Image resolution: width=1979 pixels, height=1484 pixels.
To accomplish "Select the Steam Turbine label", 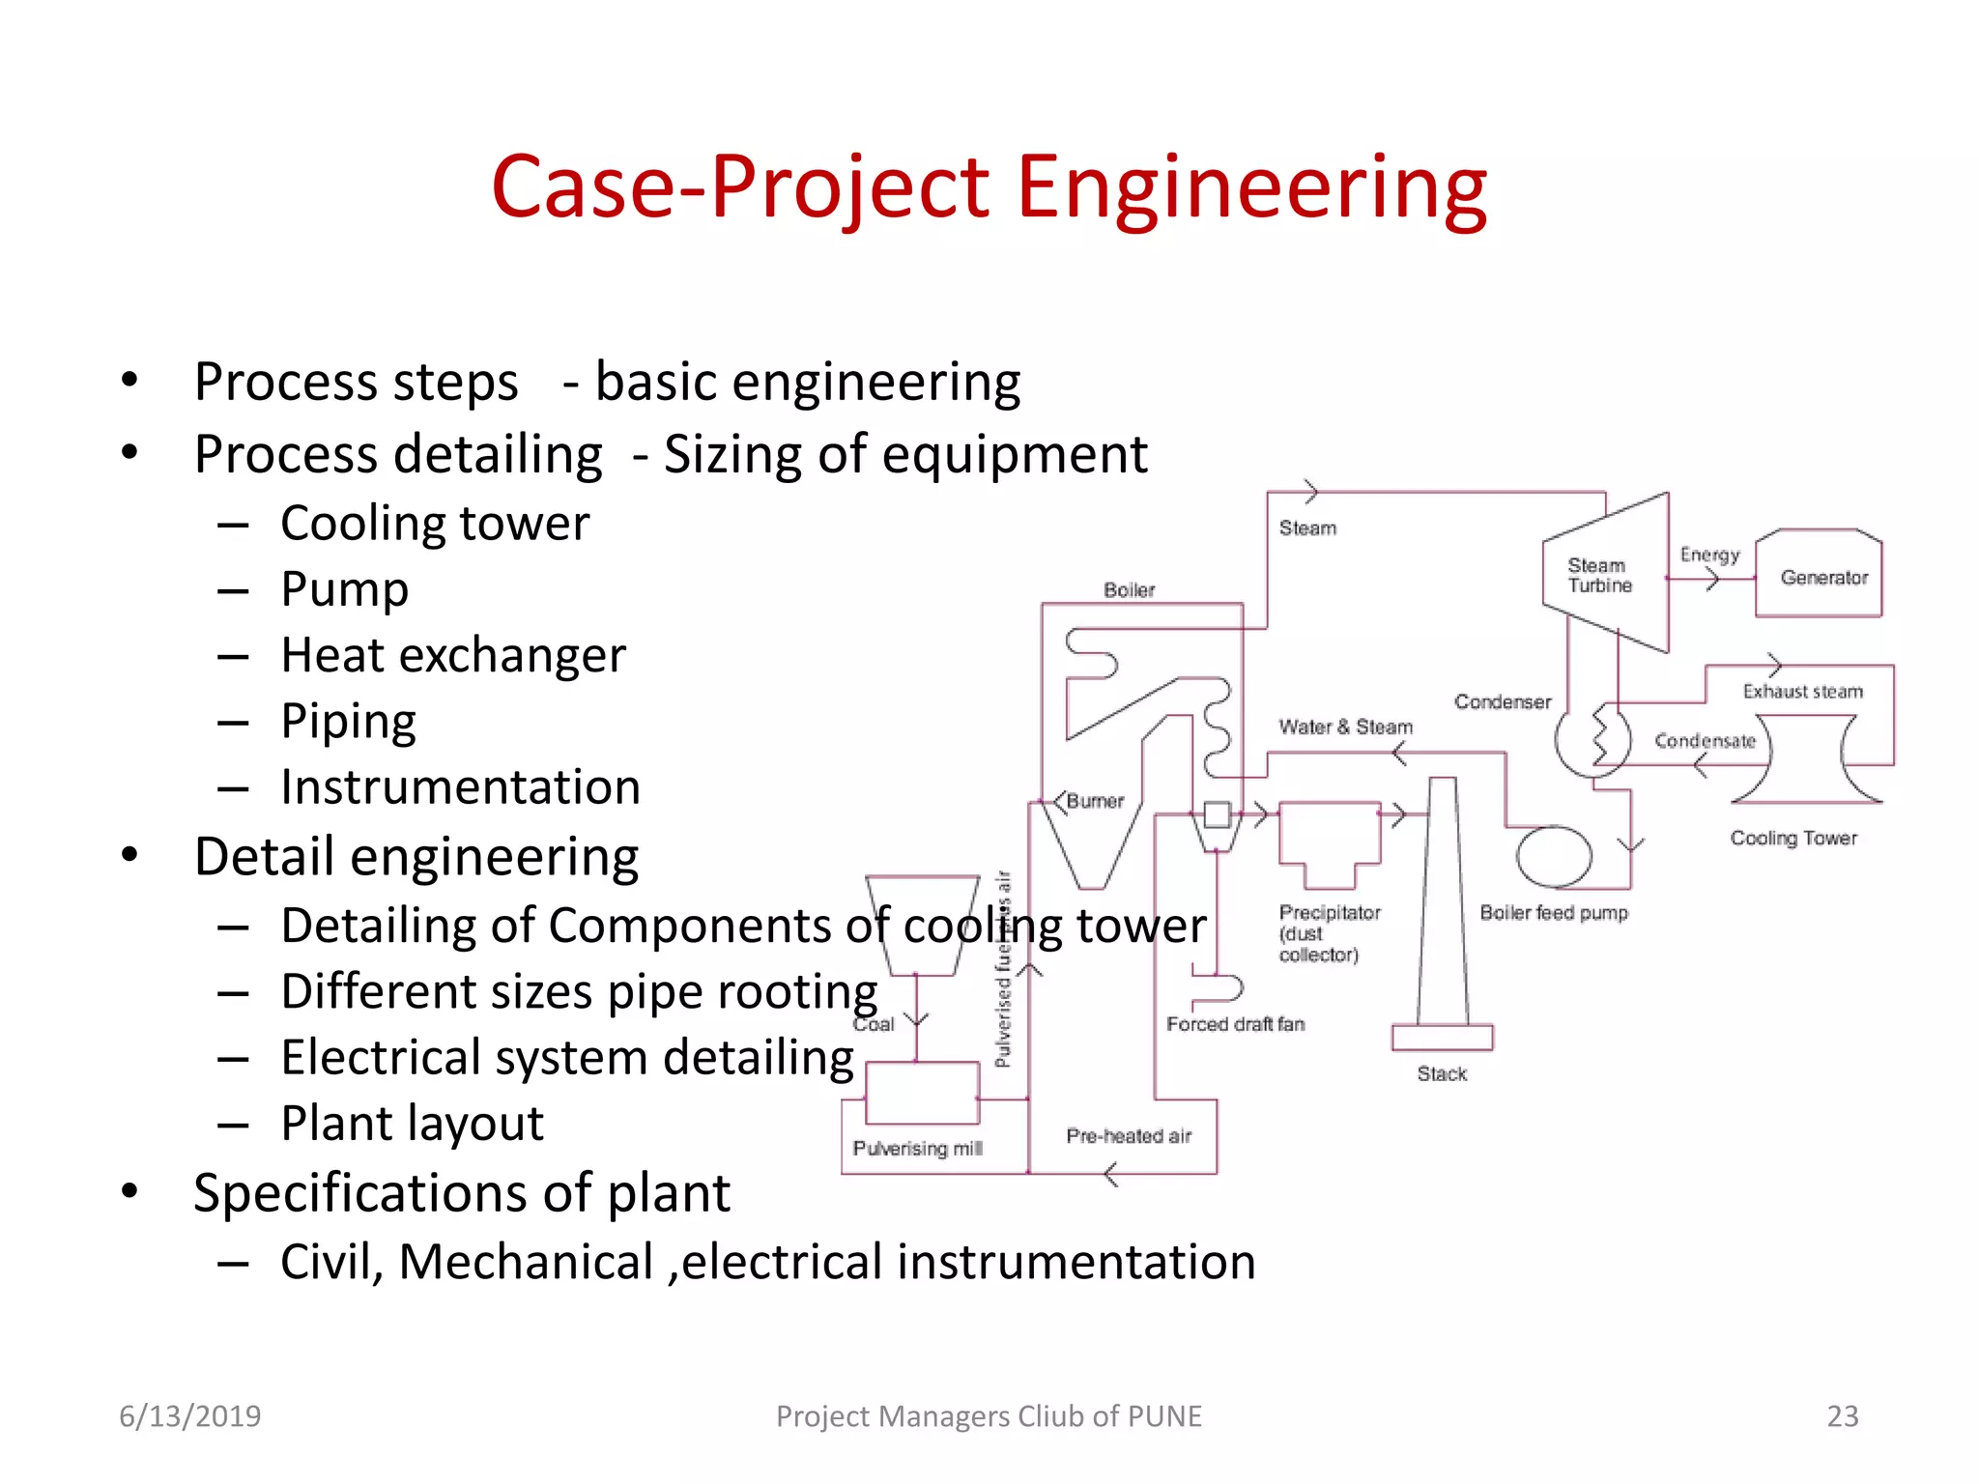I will (x=1599, y=575).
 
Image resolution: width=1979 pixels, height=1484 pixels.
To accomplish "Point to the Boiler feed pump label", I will (x=1553, y=913).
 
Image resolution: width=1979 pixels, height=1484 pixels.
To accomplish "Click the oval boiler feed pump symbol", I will (x=1554, y=857).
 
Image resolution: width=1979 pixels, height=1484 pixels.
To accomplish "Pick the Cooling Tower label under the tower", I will (x=1793, y=839).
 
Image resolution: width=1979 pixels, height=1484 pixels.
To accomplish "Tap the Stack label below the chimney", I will (x=1442, y=1073).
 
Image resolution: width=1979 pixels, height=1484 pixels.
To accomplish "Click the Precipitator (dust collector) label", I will (x=1329, y=933).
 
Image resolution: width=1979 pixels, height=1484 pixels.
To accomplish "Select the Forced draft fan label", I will (x=1235, y=1024).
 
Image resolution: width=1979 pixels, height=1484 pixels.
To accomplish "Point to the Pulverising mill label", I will (x=917, y=1149).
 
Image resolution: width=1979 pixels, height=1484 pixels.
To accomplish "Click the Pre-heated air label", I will (x=1129, y=1136).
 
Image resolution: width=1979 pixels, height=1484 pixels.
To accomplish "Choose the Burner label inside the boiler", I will (x=1095, y=801).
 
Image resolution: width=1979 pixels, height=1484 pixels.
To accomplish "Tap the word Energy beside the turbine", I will (x=1709, y=555).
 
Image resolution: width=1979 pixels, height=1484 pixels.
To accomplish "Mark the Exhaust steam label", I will (x=1802, y=692).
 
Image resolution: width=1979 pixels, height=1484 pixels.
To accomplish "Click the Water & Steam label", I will (x=1345, y=727).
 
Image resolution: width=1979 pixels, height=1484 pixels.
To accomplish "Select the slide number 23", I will (x=1842, y=1416).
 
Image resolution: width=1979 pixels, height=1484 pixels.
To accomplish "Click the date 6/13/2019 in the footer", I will (x=189, y=1416).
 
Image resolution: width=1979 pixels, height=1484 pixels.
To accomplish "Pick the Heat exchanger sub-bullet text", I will (x=453, y=655).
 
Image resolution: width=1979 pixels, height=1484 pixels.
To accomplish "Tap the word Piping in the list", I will (x=348, y=722).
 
